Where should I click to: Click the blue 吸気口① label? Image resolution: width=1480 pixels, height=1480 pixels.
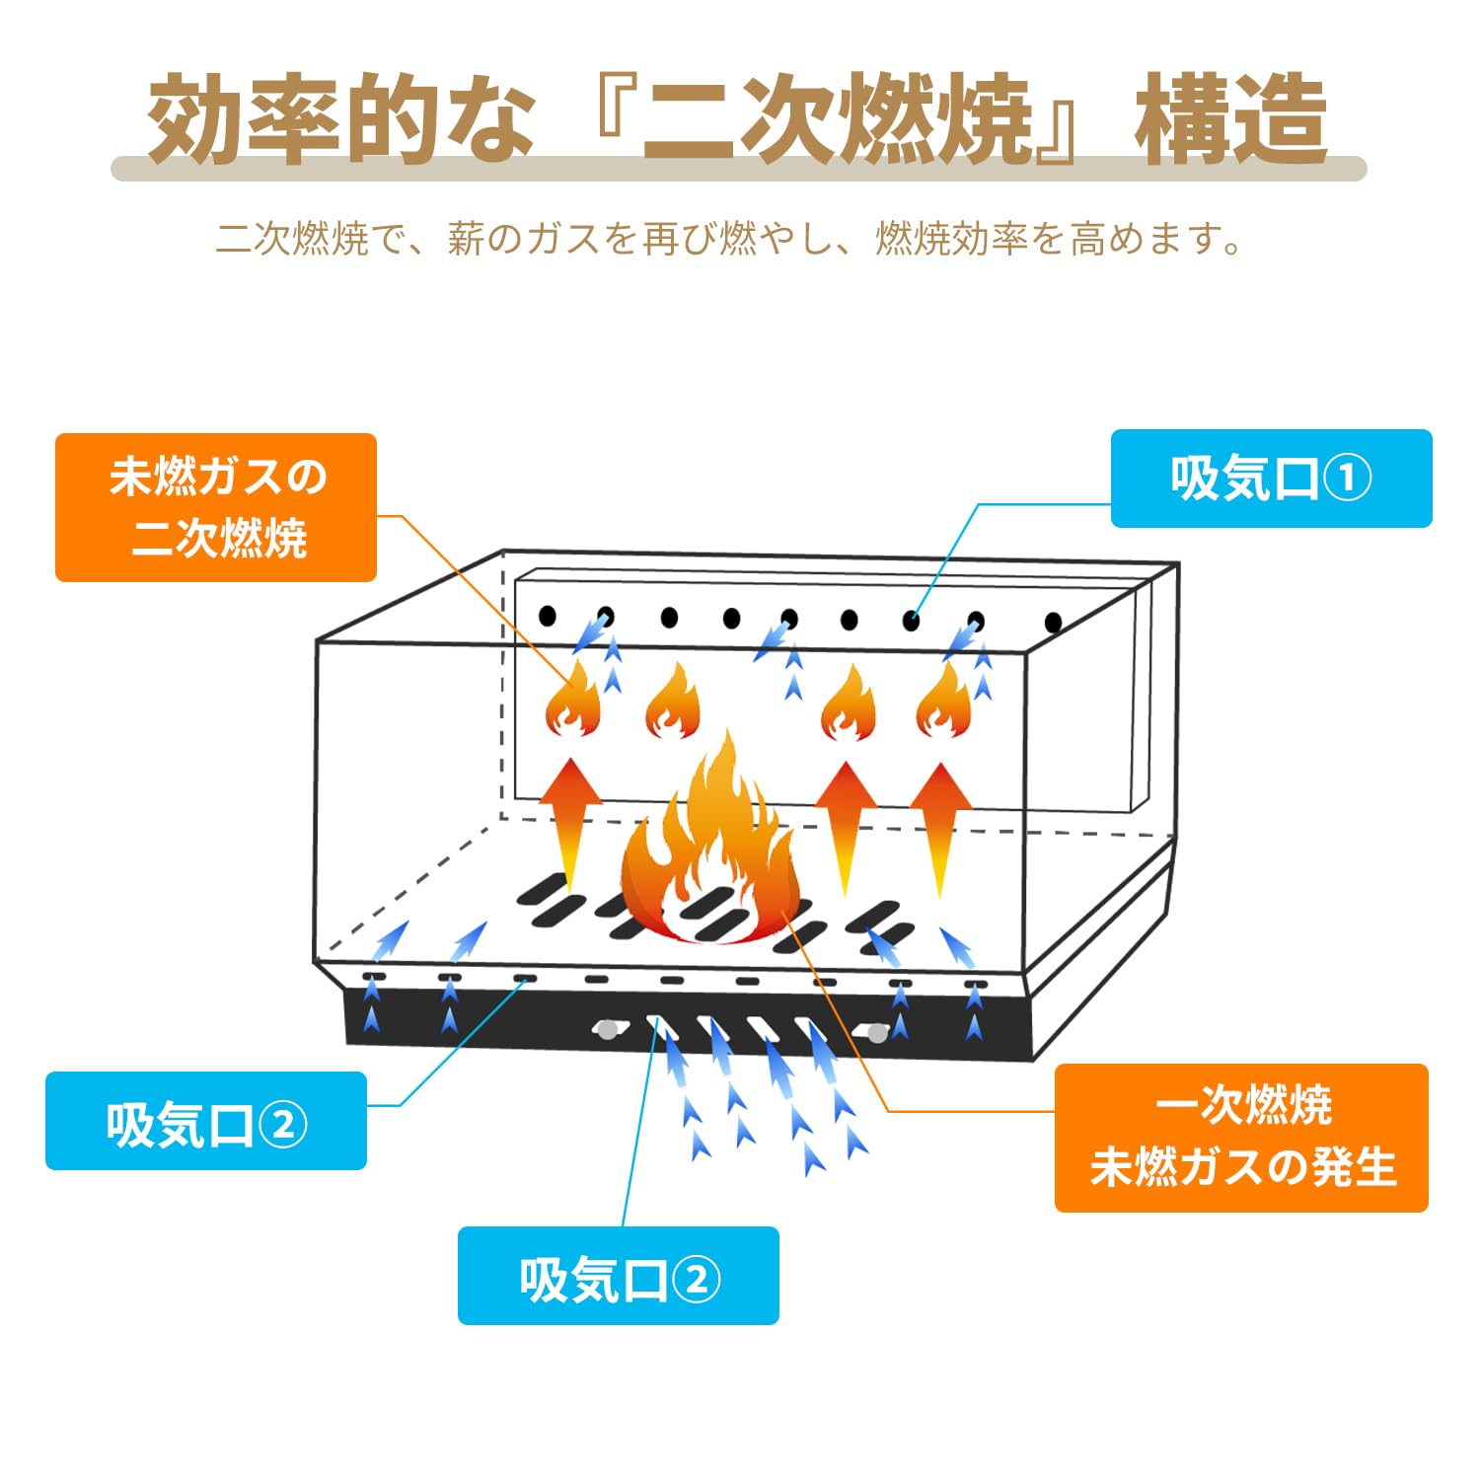pos(1271,479)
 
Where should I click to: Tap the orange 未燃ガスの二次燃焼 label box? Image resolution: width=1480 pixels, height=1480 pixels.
pos(216,507)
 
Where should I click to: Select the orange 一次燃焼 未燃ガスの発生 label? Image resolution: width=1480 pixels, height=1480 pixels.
pos(1241,1138)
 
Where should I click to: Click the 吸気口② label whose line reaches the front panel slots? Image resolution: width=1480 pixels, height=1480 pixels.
pos(619,1276)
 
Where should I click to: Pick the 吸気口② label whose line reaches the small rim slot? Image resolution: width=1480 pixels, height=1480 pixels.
pos(206,1121)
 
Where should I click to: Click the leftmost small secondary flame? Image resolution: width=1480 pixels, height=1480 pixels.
pos(573,703)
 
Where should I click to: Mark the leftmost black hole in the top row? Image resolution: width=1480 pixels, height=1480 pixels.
pos(548,617)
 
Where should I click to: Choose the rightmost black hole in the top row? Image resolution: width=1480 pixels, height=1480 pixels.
pos(1053,623)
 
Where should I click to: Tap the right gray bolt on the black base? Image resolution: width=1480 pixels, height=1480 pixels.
pos(876,1033)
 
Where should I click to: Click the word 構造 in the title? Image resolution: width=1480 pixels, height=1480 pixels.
pos(1230,120)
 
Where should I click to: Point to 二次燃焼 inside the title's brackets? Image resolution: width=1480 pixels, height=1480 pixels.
pos(837,120)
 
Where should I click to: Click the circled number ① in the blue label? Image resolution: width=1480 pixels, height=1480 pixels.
pos(1347,480)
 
